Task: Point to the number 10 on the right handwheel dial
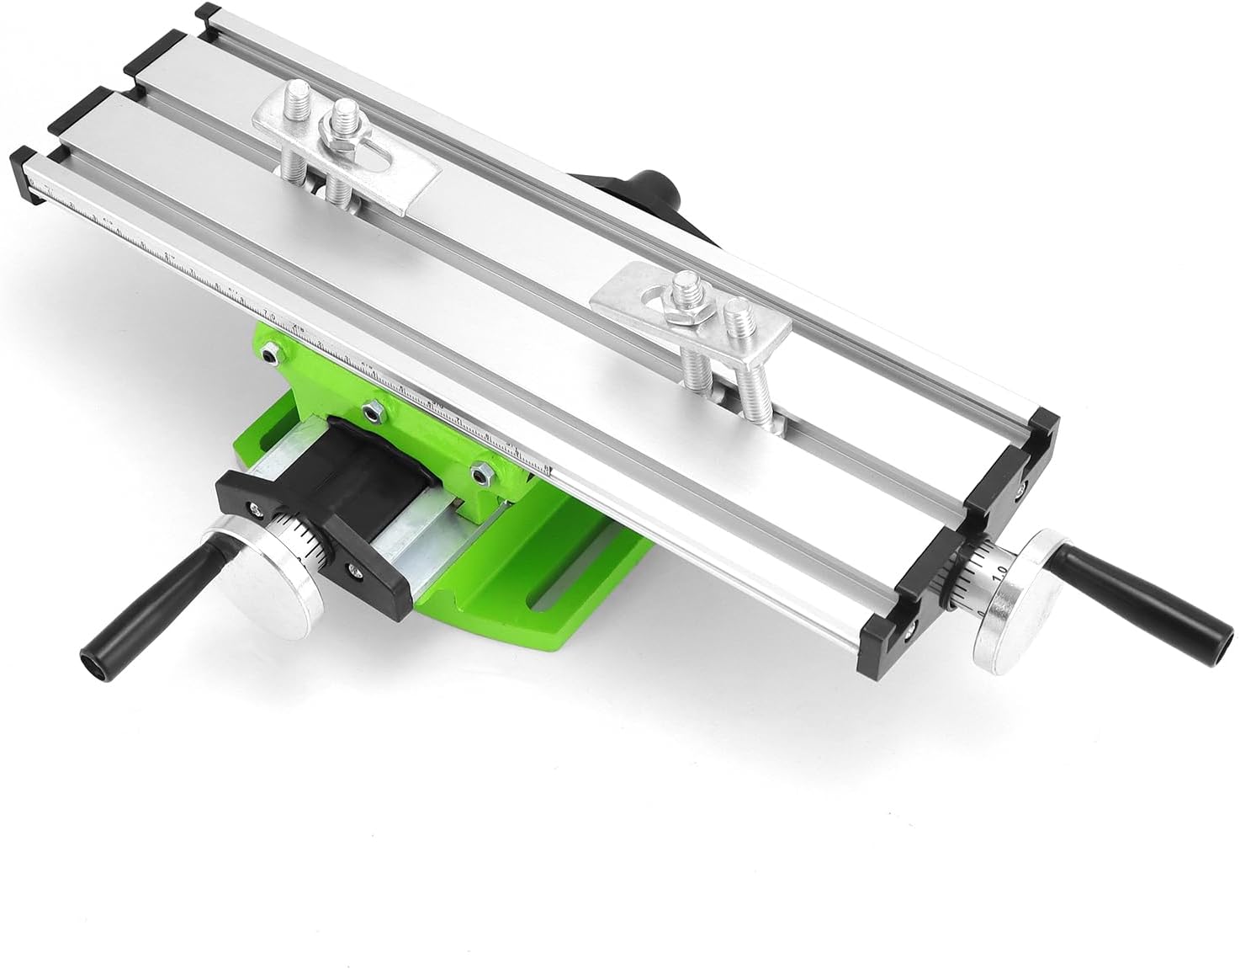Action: pyautogui.click(x=1000, y=571)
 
